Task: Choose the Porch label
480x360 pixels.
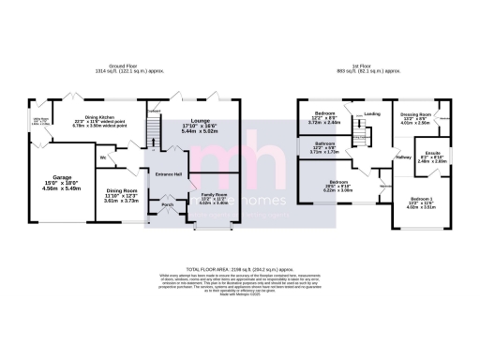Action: coord(168,204)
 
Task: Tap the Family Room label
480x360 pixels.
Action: coord(214,193)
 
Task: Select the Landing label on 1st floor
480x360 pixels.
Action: coord(372,114)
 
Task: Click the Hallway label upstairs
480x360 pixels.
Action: coord(403,157)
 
